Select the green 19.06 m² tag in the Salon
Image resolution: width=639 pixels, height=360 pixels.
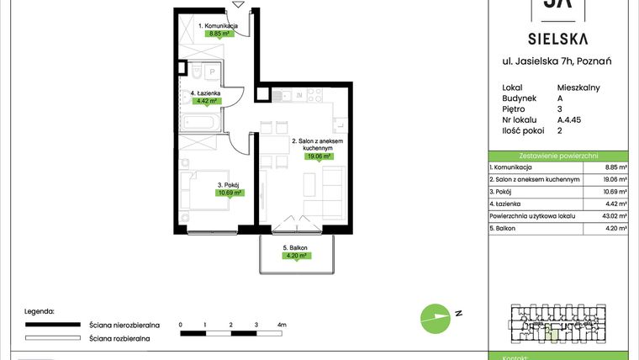319,156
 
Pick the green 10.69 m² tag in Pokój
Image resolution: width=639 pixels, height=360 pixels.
230,193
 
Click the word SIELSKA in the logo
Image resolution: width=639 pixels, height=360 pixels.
557,38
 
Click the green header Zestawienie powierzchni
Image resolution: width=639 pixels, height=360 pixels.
557,156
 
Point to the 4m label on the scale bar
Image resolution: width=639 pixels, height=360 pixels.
283,324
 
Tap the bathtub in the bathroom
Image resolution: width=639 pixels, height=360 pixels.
201,124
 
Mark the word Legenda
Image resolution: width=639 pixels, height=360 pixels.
39,310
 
